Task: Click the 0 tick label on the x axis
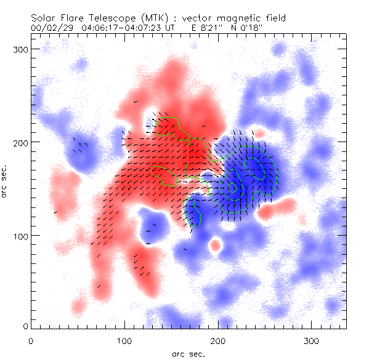(31, 339)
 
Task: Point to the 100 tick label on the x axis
(124, 339)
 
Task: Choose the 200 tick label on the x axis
(218, 339)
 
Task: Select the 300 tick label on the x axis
(312, 339)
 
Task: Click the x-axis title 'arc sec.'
(188, 353)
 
